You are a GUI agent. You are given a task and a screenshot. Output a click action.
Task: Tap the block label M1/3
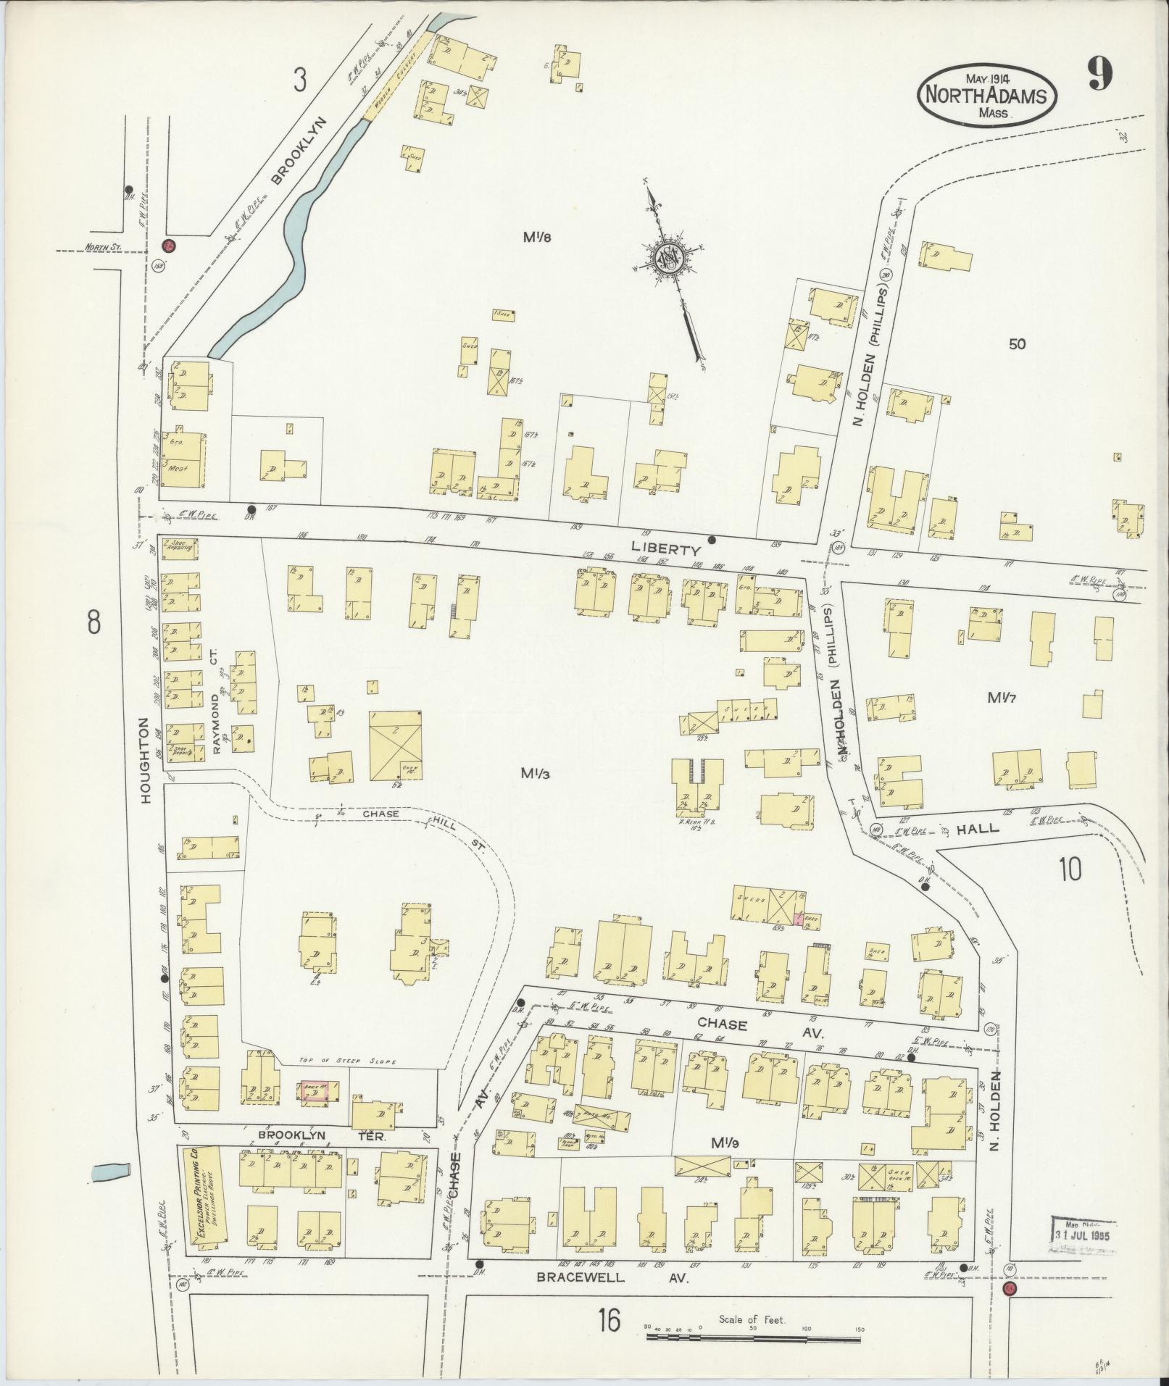(536, 773)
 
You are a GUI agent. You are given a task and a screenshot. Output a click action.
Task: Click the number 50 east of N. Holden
(1017, 344)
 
